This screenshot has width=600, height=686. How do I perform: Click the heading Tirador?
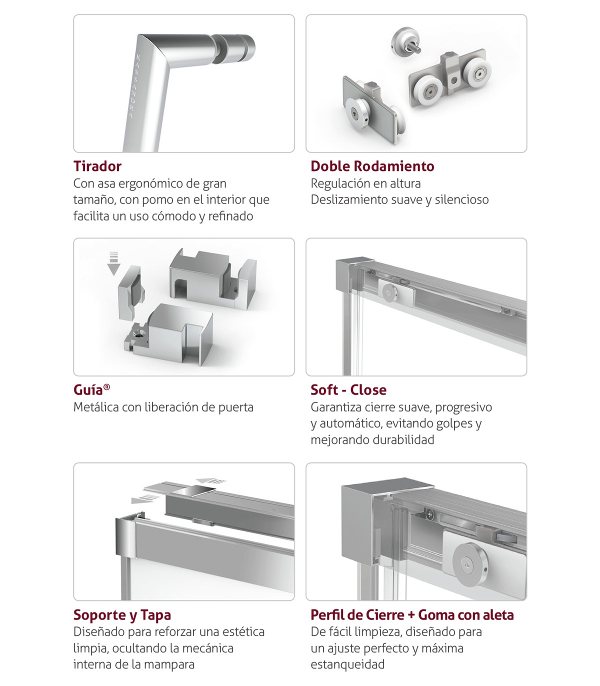(x=97, y=166)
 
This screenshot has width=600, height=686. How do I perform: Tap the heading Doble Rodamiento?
(x=372, y=166)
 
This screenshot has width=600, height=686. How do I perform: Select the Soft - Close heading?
(x=348, y=390)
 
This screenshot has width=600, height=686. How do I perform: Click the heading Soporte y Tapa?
(x=122, y=615)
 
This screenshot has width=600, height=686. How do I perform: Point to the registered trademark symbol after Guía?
(x=106, y=387)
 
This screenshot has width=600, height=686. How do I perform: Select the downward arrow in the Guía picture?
(x=114, y=263)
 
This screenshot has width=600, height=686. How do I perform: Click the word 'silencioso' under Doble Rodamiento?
(x=462, y=199)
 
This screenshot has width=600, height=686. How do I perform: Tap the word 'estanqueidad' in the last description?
(x=347, y=664)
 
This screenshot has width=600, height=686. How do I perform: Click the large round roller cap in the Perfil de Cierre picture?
(x=470, y=566)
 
